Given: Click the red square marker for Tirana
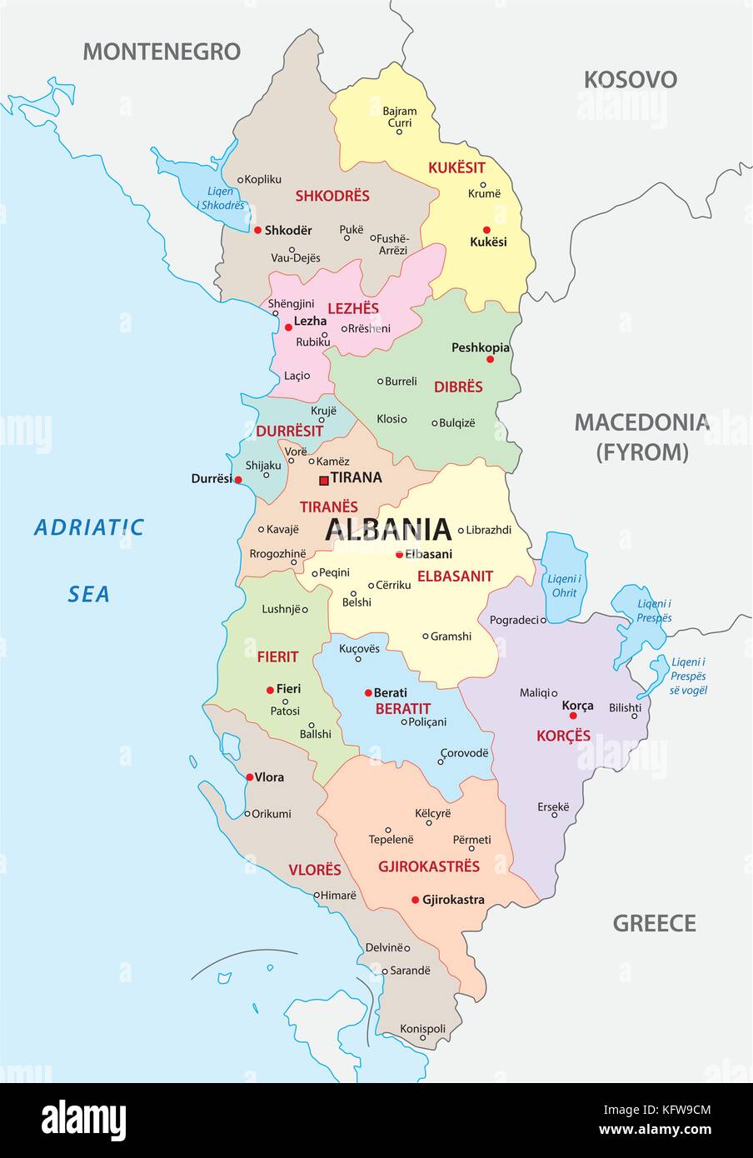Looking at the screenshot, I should tap(323, 479).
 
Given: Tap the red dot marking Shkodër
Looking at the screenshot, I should tap(258, 230).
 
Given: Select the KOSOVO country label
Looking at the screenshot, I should tap(630, 80).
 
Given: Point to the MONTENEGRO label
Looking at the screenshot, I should tap(162, 52).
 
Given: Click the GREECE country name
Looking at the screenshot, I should tap(654, 923).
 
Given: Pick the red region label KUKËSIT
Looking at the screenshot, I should tap(456, 167).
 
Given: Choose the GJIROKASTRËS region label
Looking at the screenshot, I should tap(429, 866).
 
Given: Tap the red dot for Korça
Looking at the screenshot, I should tap(573, 716).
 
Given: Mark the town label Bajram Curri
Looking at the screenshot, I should tap(400, 117).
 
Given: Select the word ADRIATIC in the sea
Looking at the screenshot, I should tap(89, 527).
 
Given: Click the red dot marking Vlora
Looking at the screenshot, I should tap(250, 776).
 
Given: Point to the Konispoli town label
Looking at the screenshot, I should tap(422, 1029).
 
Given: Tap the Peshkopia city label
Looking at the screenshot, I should tap(480, 347).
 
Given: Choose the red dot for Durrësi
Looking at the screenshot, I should tap(238, 479).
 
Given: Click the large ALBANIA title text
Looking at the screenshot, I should tap(388, 529).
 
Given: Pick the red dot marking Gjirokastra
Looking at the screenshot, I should tap(415, 900).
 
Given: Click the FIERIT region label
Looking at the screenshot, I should tap(277, 657).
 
